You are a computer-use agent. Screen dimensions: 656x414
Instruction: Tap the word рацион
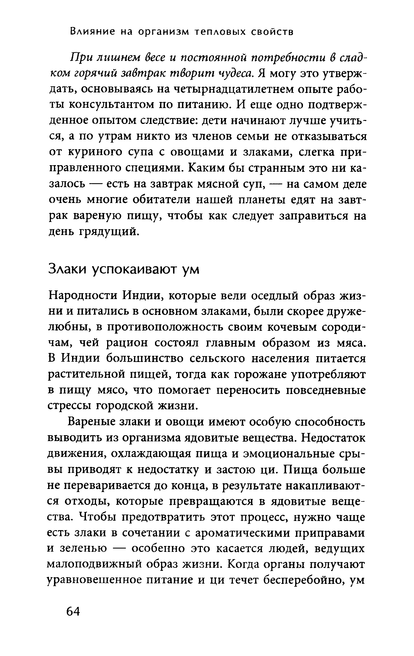(x=128, y=343)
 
